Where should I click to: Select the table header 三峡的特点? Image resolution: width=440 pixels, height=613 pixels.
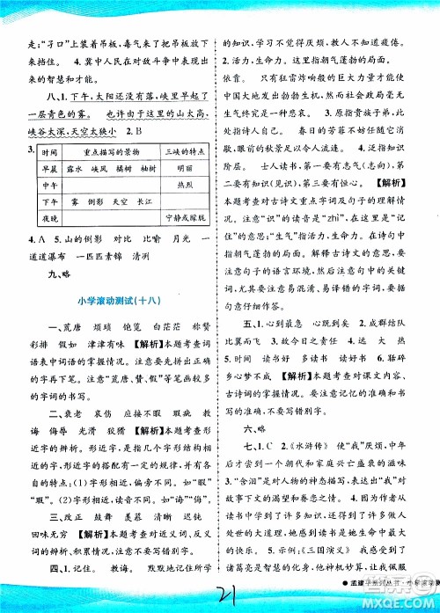tap(183, 153)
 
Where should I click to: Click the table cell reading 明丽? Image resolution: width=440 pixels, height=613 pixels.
tap(183, 169)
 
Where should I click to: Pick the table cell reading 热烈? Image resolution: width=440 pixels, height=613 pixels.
tap(183, 185)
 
